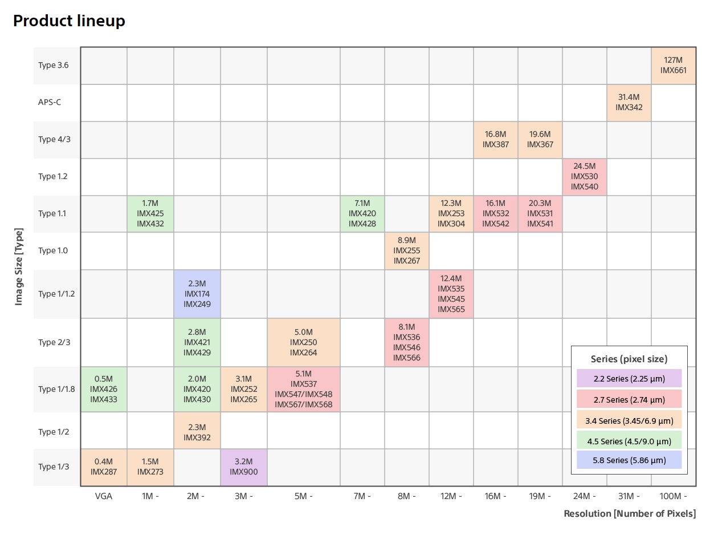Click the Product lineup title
[69, 21]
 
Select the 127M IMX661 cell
[673, 65]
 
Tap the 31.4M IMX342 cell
[629, 102]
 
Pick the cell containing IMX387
[495, 139]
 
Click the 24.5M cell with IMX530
[584, 176]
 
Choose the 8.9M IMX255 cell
[406, 250]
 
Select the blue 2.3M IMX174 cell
[197, 294]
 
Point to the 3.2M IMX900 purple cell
[243, 467]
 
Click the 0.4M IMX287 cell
[103, 467]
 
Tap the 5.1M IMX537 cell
[303, 389]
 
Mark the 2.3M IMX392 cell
[197, 432]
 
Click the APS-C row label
[50, 103]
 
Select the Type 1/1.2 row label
[56, 294]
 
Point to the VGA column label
[103, 496]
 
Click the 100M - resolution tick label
[673, 496]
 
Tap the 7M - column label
[362, 496]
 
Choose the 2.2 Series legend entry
[629, 378]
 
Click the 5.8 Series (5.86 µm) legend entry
[629, 460]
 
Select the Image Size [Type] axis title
[19, 267]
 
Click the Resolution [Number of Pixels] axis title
[629, 514]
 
